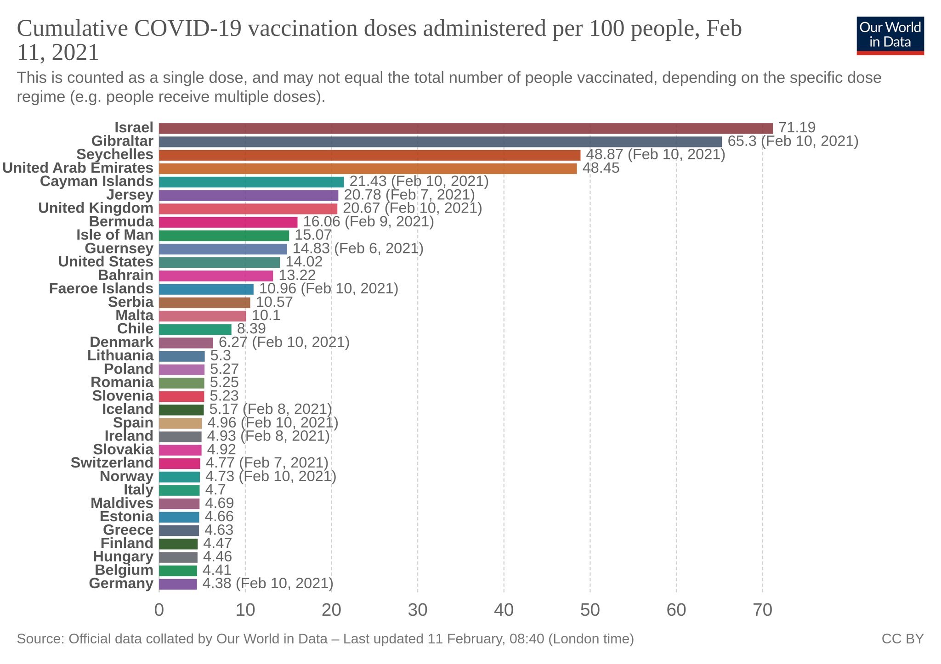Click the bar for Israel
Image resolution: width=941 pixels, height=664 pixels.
[465, 128]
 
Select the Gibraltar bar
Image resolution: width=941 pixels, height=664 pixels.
[440, 141]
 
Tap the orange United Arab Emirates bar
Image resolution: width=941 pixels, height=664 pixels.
[368, 169]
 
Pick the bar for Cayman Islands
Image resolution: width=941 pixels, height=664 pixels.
[251, 182]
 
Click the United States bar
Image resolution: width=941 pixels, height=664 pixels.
[219, 262]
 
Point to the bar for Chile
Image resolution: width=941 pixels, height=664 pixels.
[195, 329]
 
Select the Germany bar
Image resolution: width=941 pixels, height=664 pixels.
[178, 584]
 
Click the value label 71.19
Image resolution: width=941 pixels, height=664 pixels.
[797, 128]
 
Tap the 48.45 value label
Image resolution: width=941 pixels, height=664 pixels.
[601, 168]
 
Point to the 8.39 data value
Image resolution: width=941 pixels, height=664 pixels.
[251, 329]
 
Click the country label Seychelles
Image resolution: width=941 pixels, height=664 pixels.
[115, 154]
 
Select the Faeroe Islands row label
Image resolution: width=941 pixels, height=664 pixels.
[101, 288]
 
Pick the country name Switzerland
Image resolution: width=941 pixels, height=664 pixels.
[112, 463]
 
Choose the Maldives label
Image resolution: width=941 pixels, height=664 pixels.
[122, 503]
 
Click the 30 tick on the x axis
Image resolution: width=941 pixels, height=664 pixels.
[417, 610]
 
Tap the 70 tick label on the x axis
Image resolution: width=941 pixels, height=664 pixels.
[762, 610]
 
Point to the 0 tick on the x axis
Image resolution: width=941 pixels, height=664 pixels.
[159, 610]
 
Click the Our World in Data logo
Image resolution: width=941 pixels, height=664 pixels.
[890, 36]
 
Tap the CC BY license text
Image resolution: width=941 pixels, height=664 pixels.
[902, 639]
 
